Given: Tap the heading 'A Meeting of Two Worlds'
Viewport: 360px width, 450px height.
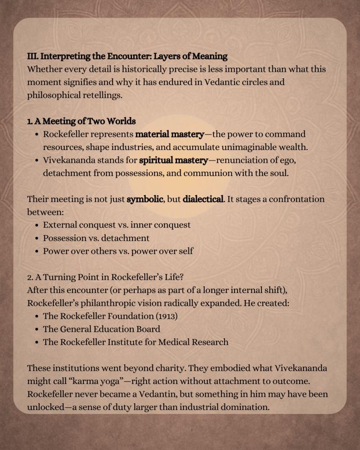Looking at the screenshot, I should point(85,121).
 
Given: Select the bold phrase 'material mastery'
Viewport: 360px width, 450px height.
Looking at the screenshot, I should point(169,134).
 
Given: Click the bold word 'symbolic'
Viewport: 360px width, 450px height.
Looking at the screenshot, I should point(145,199).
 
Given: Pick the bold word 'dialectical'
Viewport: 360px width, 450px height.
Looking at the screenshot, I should point(203,199).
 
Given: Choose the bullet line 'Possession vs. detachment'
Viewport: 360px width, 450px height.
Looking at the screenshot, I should point(96,238).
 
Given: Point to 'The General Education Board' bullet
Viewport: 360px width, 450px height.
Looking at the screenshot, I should point(101,329).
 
